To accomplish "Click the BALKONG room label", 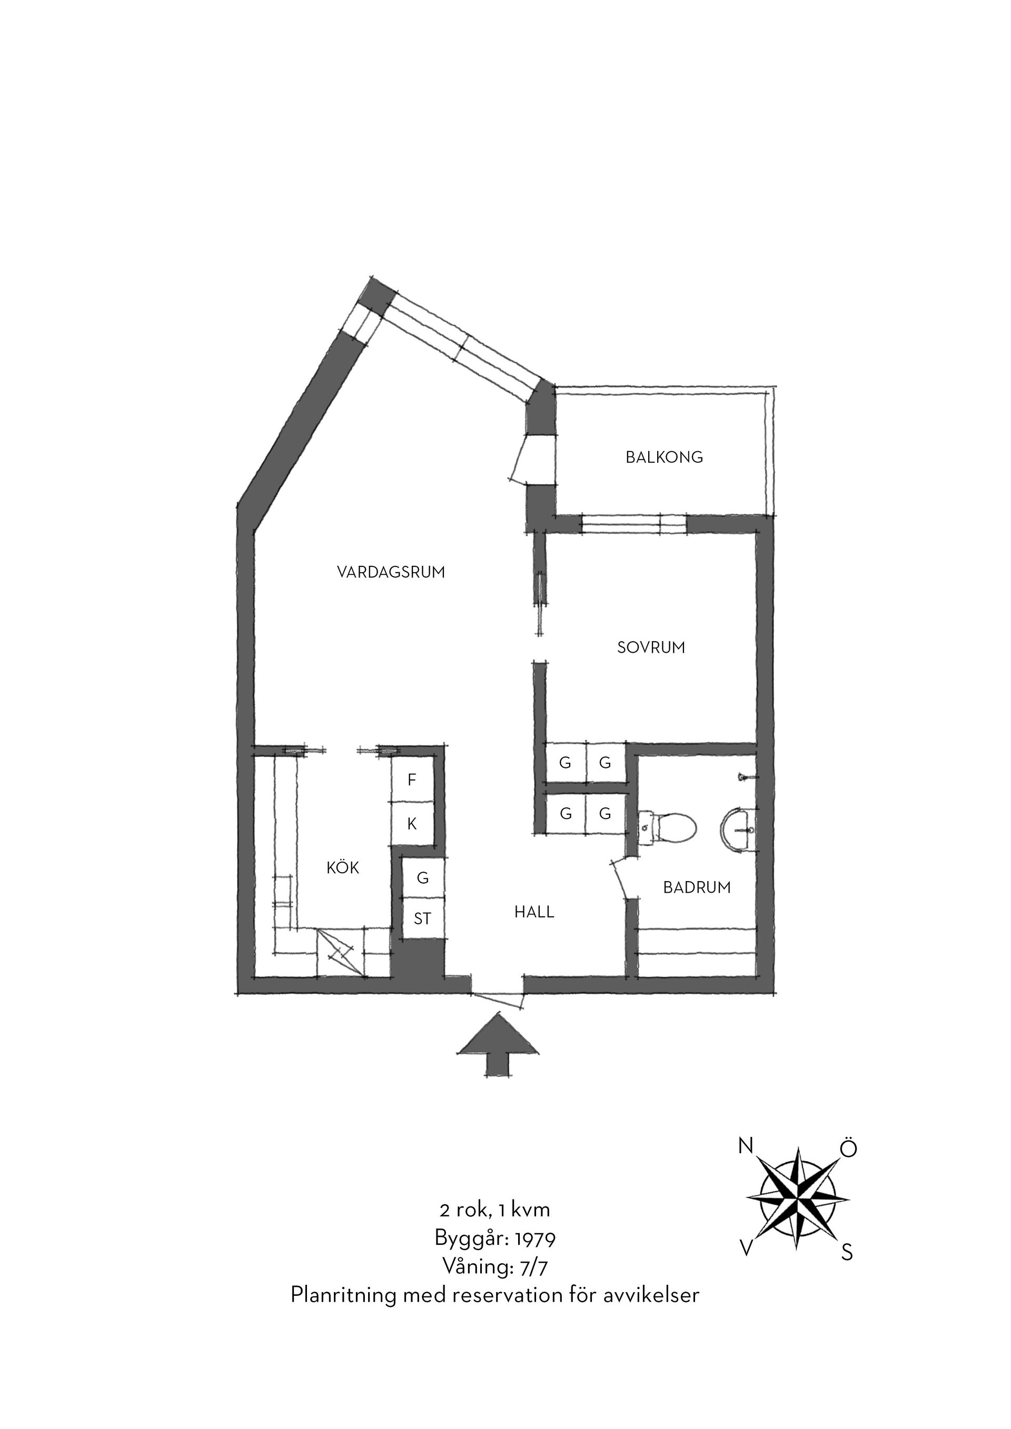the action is [x=664, y=457].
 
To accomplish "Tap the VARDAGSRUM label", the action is [x=391, y=572].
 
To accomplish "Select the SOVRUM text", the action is [x=651, y=648].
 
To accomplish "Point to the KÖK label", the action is [x=343, y=867].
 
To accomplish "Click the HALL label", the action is [x=534, y=913].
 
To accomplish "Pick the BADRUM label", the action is [x=697, y=887].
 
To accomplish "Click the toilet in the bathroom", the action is [x=667, y=828].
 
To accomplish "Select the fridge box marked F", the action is [x=411, y=780].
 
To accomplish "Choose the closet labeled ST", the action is [x=423, y=918].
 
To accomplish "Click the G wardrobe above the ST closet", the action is [x=423, y=878].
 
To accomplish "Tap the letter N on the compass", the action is [x=745, y=1145].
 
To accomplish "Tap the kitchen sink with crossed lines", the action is [x=340, y=952].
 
